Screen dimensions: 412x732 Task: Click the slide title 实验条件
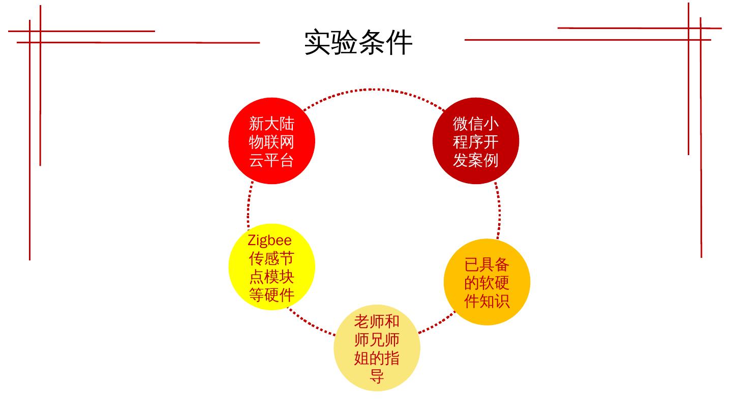click(x=358, y=42)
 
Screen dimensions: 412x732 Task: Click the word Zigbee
click(x=270, y=240)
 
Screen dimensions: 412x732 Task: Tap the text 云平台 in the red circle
click(x=271, y=160)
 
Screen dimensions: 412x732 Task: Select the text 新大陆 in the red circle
click(x=271, y=124)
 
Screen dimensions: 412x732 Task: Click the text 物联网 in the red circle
click(x=271, y=142)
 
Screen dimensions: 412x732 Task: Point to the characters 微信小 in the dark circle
click(x=476, y=124)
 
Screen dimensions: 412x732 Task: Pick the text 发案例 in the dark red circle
click(x=476, y=160)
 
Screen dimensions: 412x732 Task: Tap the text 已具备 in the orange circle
click(x=486, y=264)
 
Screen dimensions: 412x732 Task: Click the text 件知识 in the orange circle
click(x=486, y=301)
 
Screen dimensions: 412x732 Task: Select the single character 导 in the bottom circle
click(x=377, y=376)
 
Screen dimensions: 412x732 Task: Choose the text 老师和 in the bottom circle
click(x=377, y=321)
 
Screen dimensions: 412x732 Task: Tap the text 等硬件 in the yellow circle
click(x=271, y=295)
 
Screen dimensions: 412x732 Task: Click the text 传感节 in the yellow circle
click(x=271, y=258)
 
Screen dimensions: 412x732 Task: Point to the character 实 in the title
click(x=318, y=42)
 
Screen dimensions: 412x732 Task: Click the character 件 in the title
click(x=400, y=42)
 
